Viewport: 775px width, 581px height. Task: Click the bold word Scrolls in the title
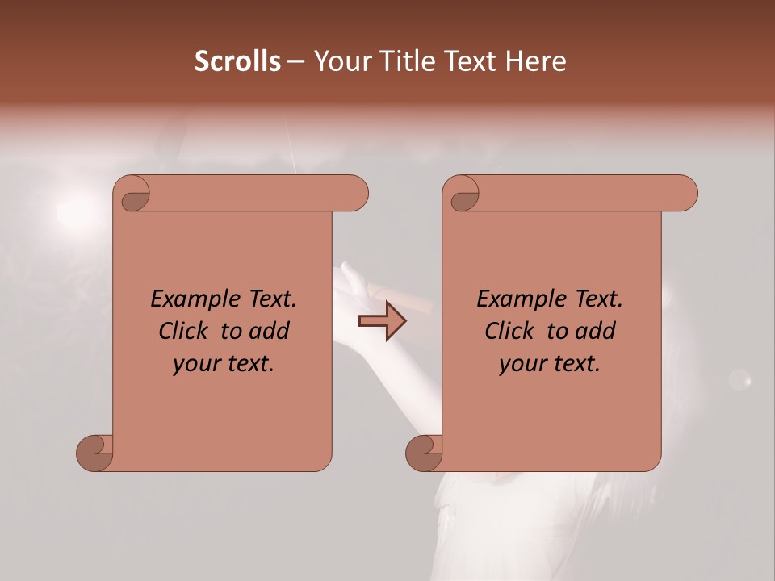(x=237, y=61)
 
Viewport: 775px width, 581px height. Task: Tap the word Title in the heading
(x=406, y=61)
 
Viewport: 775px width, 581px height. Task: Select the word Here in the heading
(x=535, y=61)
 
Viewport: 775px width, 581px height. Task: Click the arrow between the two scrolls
(x=383, y=322)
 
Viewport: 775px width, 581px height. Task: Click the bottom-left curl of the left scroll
(x=95, y=453)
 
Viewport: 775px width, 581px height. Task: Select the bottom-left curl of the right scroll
(x=425, y=453)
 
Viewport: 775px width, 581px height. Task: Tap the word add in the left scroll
(x=269, y=331)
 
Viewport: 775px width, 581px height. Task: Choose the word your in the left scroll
(x=198, y=364)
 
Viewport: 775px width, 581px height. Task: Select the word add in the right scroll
(x=595, y=331)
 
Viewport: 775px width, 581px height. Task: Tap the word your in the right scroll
(x=524, y=364)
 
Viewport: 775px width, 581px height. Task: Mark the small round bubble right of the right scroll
(x=739, y=378)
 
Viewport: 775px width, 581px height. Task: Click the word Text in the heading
(x=471, y=61)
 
